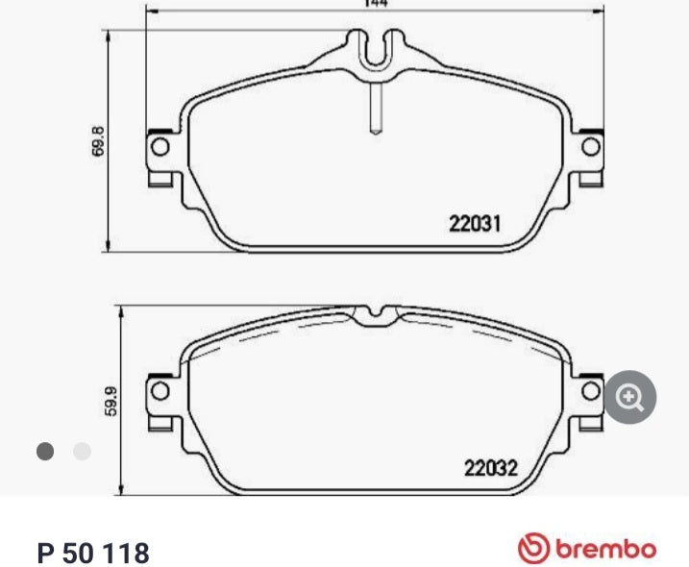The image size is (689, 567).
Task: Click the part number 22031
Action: (476, 223)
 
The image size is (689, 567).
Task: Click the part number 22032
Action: (491, 469)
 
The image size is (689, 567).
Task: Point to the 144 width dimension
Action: (375, 4)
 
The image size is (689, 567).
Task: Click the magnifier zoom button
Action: (629, 396)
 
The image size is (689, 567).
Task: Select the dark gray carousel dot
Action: (44, 451)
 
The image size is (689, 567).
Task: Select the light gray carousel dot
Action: (82, 451)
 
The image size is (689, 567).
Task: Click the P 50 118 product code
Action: (93, 554)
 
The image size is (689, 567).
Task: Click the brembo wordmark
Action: (604, 550)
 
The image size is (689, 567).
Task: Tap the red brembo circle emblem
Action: (531, 550)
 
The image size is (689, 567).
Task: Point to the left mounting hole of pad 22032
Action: (160, 391)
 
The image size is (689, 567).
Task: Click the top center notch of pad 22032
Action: (376, 314)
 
